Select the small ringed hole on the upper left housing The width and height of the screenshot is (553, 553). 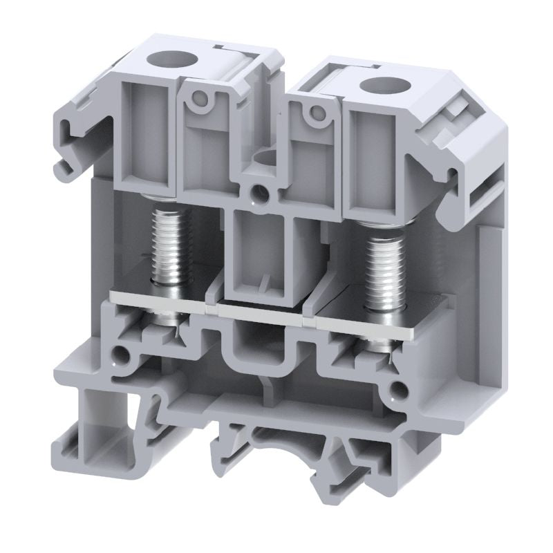(201, 100)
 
